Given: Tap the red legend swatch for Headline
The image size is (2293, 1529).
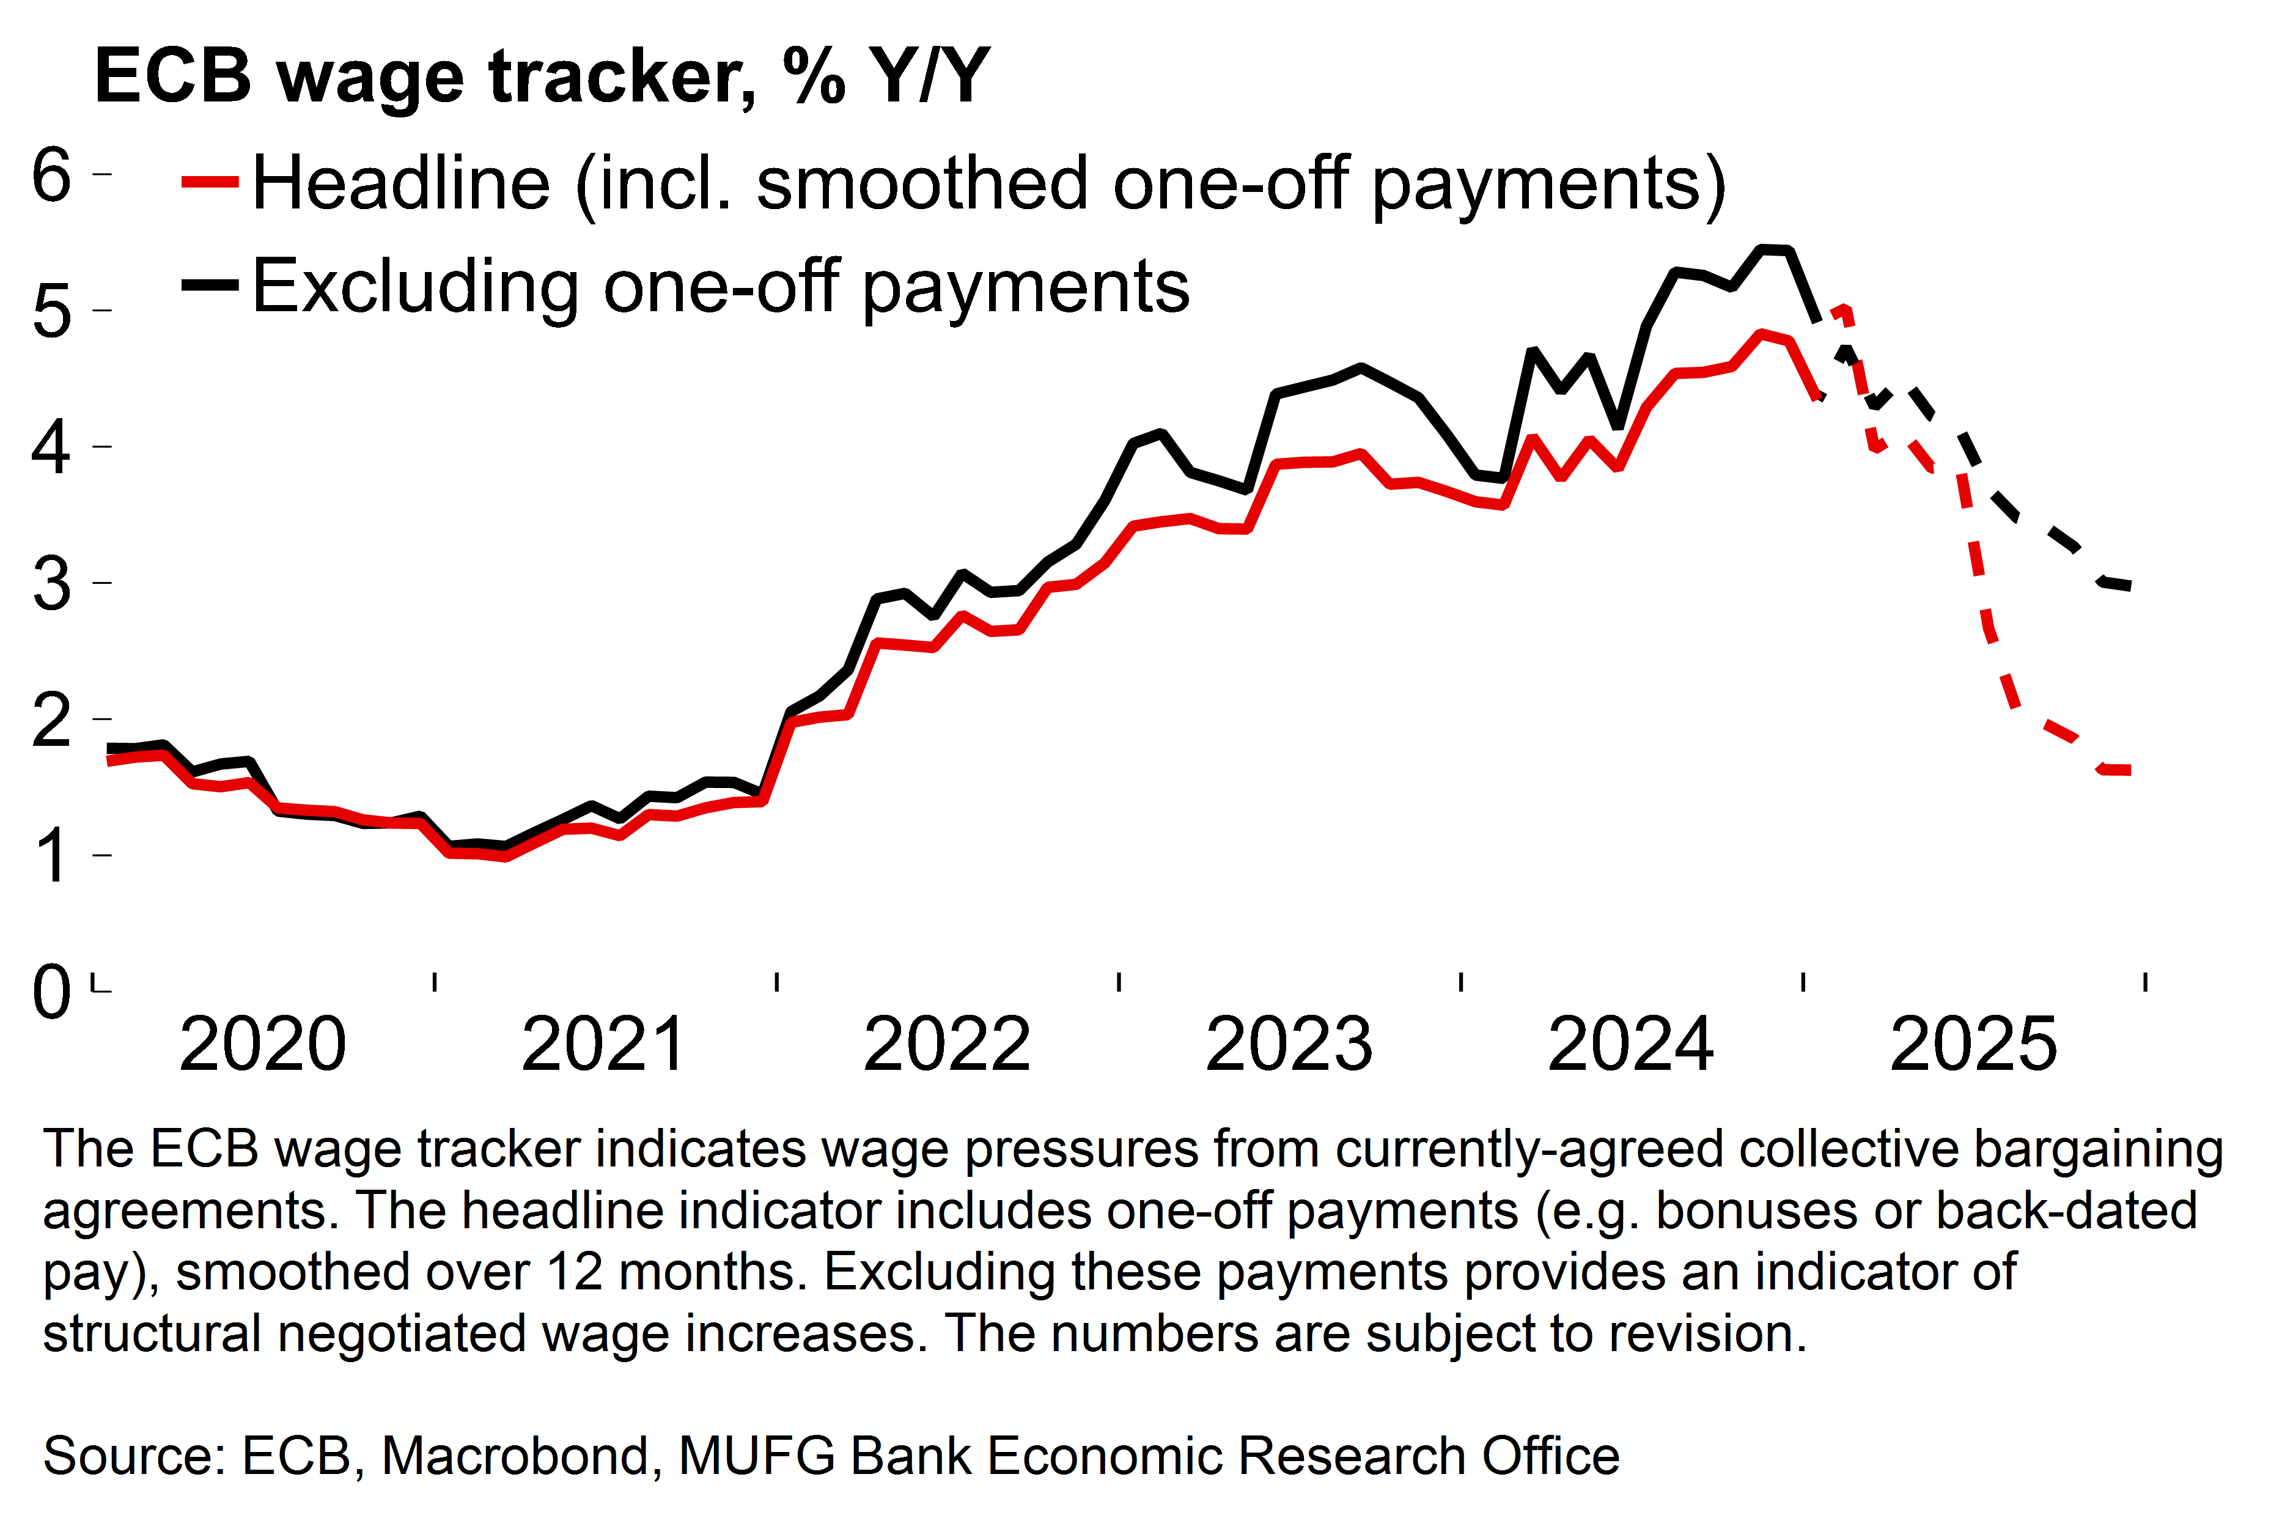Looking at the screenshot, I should [x=210, y=182].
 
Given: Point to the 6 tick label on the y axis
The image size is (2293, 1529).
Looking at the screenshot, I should [x=52, y=175].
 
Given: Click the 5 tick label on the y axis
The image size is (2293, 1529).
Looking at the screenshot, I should [x=52, y=312].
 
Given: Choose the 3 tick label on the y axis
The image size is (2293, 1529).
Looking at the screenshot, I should [x=52, y=584].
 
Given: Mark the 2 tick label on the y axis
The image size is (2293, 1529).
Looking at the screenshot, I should [x=52, y=721].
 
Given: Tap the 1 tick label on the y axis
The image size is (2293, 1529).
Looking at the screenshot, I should [x=52, y=856].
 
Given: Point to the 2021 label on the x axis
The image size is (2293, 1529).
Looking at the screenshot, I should [x=605, y=1044].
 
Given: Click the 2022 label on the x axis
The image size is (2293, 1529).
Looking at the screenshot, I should [x=947, y=1044].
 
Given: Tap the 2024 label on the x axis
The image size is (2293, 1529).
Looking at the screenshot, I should [x=1631, y=1044].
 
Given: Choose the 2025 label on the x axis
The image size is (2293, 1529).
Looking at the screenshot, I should [x=1973, y=1044].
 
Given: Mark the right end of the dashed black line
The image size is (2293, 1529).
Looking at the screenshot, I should [x=2130, y=586].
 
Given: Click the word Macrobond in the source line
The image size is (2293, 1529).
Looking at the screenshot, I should [x=515, y=1456].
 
